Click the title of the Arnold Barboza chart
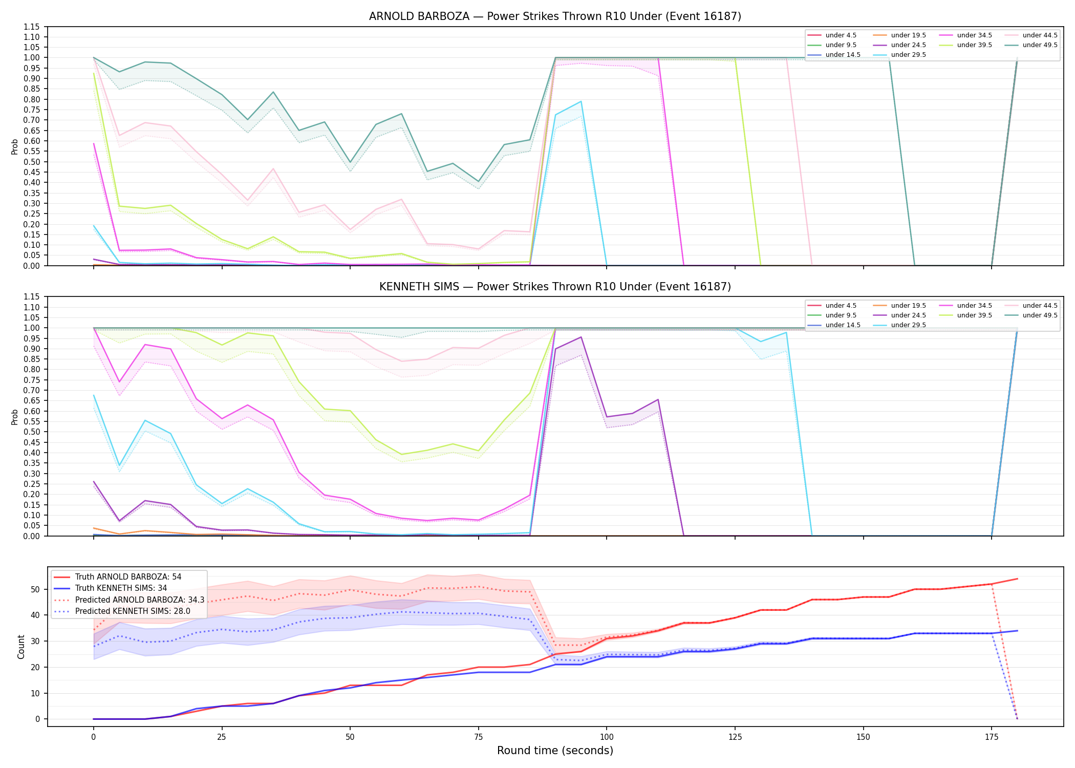(555, 16)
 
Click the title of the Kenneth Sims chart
(555, 287)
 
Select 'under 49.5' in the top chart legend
(1040, 45)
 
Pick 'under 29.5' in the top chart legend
(908, 55)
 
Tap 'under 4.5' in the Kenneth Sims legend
(841, 306)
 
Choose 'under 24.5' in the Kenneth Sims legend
(908, 315)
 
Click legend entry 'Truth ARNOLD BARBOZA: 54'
(128, 577)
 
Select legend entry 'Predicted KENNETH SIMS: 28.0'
(133, 611)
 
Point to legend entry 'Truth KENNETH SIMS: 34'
(121, 588)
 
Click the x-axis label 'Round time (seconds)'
(555, 751)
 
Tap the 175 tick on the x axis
(992, 737)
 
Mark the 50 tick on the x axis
(350, 737)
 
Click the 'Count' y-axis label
(21, 647)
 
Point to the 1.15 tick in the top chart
(31, 27)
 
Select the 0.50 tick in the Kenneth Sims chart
(31, 432)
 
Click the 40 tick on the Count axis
(35, 615)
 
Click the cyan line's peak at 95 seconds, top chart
(581, 101)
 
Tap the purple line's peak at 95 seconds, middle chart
(581, 337)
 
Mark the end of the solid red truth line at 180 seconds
(1017, 579)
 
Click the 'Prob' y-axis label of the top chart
(15, 146)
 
